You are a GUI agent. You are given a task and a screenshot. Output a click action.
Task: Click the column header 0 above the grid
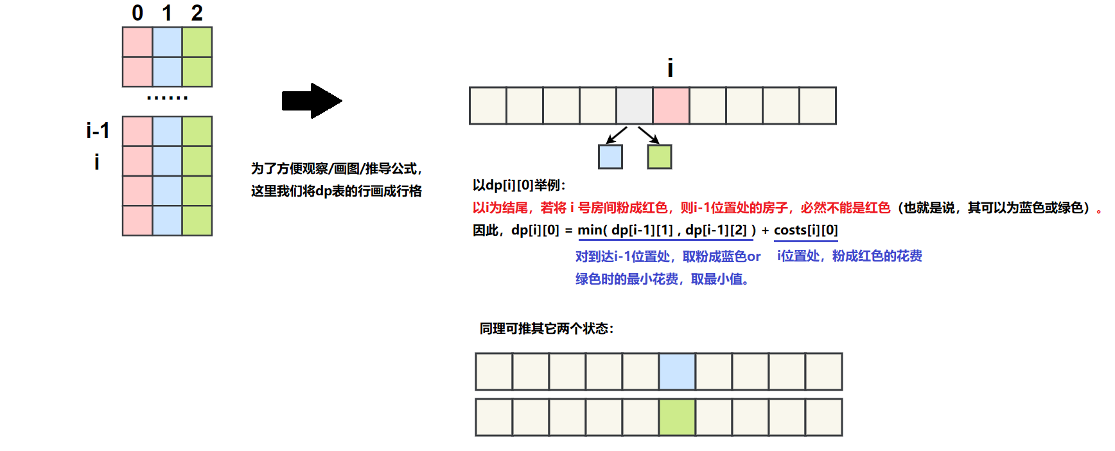point(137,13)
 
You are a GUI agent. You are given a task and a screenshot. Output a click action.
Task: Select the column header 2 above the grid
point(197,13)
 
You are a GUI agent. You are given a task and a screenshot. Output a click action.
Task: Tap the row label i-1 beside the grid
point(98,131)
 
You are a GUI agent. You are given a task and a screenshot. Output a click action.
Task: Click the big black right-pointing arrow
point(312,101)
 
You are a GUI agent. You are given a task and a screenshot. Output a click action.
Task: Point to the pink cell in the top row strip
point(671,105)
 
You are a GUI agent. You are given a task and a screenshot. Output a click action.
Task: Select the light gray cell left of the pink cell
point(635,105)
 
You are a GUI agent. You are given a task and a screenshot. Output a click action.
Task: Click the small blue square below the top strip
point(610,157)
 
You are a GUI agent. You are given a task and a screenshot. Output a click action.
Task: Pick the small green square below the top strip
point(659,157)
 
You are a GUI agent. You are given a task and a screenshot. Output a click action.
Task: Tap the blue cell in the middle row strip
point(677,371)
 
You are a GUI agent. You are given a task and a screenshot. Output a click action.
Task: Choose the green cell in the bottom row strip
point(677,418)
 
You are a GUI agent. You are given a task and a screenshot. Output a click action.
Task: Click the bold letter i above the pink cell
point(670,68)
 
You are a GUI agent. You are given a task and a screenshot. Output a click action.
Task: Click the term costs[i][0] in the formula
point(805,230)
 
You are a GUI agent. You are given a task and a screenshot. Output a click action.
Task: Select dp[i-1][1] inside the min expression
point(642,230)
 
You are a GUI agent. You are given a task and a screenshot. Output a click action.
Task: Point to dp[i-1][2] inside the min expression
point(716,230)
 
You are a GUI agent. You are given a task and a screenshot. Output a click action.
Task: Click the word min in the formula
point(590,230)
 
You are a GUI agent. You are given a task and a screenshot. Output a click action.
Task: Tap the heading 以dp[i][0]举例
point(519,185)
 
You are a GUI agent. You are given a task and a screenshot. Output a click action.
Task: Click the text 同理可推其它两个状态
point(546,328)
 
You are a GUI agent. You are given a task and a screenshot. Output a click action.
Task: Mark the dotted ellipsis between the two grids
point(167,98)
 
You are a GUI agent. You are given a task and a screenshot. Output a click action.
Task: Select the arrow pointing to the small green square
point(649,134)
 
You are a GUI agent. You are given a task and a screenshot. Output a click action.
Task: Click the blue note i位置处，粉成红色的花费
point(849,256)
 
